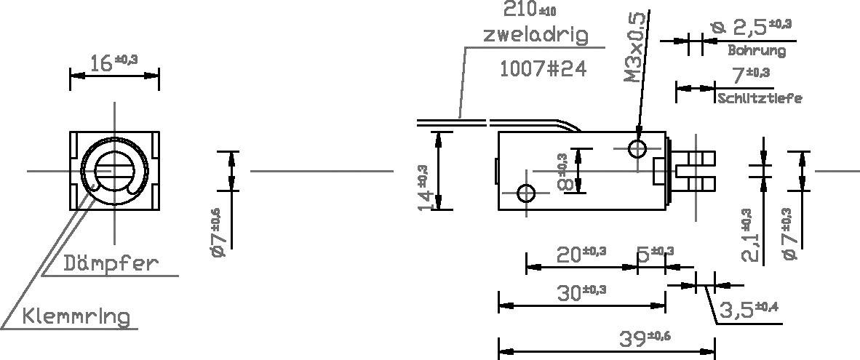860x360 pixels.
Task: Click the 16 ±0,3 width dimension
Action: click(114, 63)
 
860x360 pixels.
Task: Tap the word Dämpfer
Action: click(109, 263)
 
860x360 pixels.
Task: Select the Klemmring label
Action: click(76, 317)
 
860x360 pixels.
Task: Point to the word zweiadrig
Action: click(535, 34)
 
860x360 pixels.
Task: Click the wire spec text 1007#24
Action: click(542, 68)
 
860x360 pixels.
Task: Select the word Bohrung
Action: click(757, 51)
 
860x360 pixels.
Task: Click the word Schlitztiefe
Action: click(760, 98)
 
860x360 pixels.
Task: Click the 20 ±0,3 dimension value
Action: click(581, 254)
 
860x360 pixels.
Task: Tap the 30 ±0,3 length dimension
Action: click(581, 293)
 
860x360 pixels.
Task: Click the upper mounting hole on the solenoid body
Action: click(638, 150)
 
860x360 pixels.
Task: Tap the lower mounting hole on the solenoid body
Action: click(526, 193)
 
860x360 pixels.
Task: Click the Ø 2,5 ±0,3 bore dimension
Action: click(750, 28)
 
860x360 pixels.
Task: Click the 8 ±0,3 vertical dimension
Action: click(562, 172)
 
